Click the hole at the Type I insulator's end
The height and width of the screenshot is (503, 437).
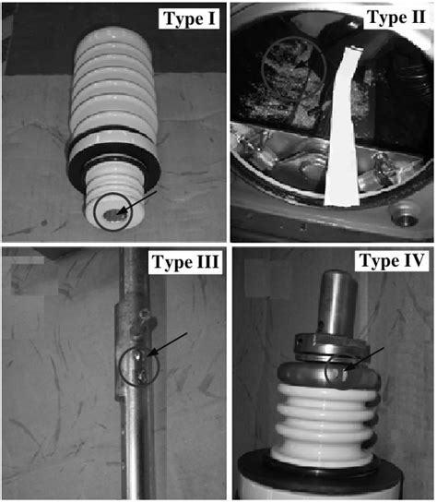click(x=112, y=214)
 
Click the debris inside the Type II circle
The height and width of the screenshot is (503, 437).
click(x=291, y=69)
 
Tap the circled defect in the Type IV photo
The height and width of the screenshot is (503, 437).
click(x=342, y=369)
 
